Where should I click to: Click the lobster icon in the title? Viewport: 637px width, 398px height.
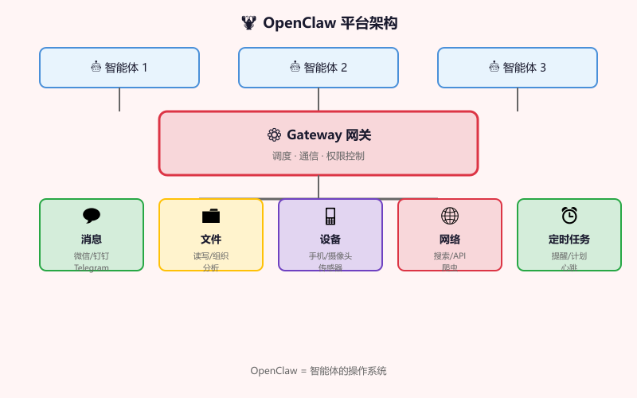point(249,23)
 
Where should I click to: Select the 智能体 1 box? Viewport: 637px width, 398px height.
point(119,68)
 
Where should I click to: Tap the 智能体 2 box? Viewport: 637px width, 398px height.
point(318,68)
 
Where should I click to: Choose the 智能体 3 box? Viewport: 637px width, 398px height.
point(518,68)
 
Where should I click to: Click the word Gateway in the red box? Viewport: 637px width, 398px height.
point(314,135)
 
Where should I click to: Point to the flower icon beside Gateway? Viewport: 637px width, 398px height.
point(274,135)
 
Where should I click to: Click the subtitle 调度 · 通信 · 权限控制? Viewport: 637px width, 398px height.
point(318,156)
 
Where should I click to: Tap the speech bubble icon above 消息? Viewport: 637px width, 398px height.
point(92,216)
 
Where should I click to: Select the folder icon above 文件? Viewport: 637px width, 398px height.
point(211,216)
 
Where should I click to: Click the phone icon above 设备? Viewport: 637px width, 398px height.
point(330,216)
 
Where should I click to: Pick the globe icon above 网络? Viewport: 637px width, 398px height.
point(450,216)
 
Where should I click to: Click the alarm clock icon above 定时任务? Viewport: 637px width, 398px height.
point(569,216)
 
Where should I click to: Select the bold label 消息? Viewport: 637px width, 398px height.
point(92,239)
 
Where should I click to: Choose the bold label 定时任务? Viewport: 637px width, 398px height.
point(569,239)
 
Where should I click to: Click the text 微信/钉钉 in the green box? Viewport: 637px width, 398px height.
point(92,256)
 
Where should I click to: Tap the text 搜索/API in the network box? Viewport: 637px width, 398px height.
point(450,256)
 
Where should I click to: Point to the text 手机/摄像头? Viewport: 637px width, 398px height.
point(330,256)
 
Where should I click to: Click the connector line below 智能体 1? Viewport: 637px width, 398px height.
point(119,99)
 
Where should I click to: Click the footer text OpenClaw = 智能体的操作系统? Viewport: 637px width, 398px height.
point(318,371)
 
